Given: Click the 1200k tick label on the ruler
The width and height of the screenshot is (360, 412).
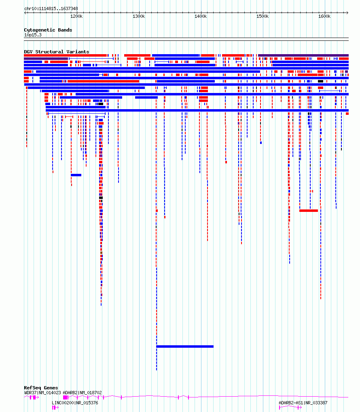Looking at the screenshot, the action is [x=76, y=16].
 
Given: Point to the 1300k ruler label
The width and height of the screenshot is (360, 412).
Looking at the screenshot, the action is [x=139, y=16].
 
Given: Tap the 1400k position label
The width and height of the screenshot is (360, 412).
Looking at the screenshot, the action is [x=200, y=16].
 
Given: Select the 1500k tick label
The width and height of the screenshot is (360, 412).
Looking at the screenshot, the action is [x=263, y=16].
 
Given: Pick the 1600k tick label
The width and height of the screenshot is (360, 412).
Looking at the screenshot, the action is [x=324, y=16].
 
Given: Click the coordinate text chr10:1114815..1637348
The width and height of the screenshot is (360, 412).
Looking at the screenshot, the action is [x=51, y=8].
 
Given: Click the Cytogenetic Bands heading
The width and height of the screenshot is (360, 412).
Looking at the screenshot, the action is [x=48, y=30].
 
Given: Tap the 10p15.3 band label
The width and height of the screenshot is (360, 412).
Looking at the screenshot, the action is [x=33, y=35].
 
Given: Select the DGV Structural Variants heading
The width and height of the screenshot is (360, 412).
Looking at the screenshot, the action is [x=57, y=52].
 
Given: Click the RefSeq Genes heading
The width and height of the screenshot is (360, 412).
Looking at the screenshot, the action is [x=41, y=388].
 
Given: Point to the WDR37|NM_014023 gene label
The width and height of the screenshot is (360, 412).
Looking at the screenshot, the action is [x=42, y=393].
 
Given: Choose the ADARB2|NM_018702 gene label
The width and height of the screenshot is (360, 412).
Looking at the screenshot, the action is [x=82, y=393].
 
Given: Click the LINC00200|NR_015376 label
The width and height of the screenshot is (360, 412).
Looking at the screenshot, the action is [x=75, y=403].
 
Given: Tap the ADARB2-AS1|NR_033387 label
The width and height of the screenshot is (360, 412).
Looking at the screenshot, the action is [x=303, y=403].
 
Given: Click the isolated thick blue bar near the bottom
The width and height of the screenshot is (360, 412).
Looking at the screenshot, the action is [x=185, y=347].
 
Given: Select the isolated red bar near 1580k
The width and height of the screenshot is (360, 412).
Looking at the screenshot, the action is [x=309, y=211].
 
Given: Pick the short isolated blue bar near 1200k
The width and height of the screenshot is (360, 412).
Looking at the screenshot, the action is [x=76, y=175].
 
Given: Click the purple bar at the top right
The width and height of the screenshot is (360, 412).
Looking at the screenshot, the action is [x=303, y=55].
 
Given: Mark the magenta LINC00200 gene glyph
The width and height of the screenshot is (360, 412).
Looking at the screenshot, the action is [x=55, y=408].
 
